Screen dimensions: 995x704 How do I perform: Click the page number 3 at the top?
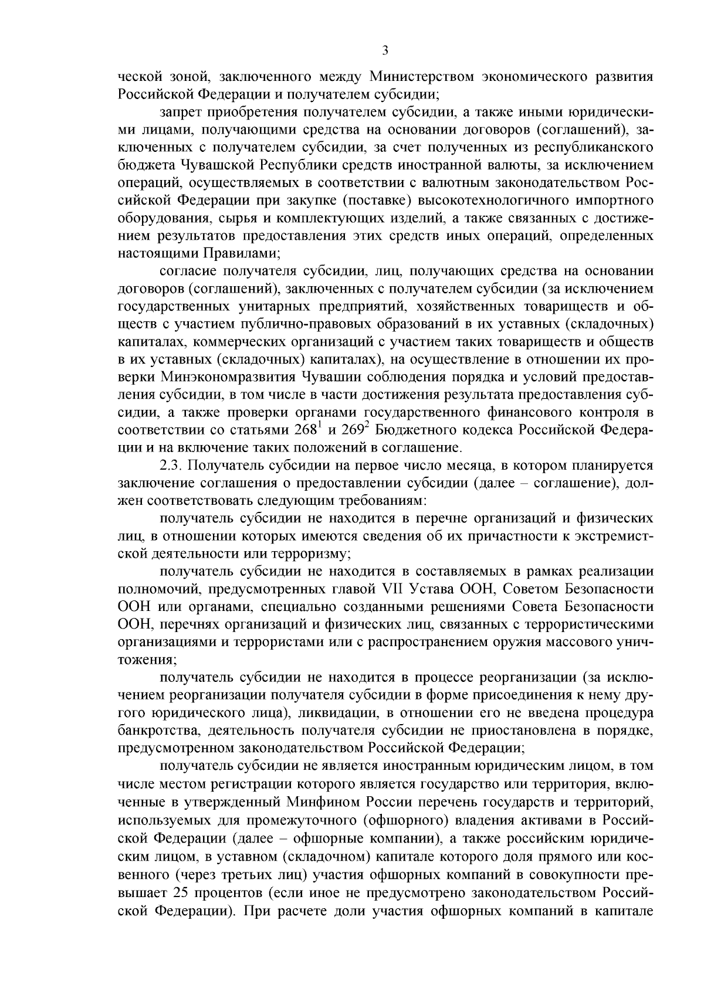click(x=385, y=51)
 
